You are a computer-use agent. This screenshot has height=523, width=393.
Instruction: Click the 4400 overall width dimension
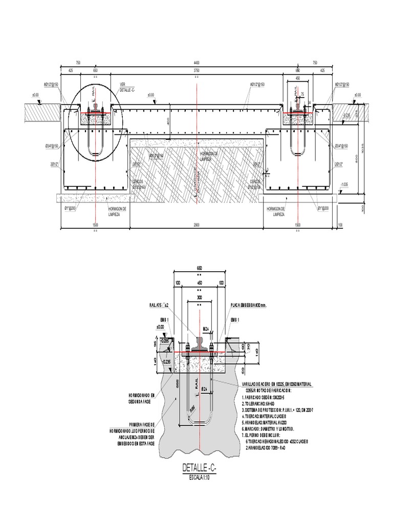click(196, 62)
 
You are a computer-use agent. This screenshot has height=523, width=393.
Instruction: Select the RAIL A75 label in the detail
click(159, 305)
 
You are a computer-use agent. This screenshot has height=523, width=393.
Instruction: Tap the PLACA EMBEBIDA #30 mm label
click(249, 305)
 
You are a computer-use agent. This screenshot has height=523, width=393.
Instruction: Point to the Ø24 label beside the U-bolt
click(203, 390)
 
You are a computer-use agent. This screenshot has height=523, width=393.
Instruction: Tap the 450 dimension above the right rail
click(298, 79)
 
